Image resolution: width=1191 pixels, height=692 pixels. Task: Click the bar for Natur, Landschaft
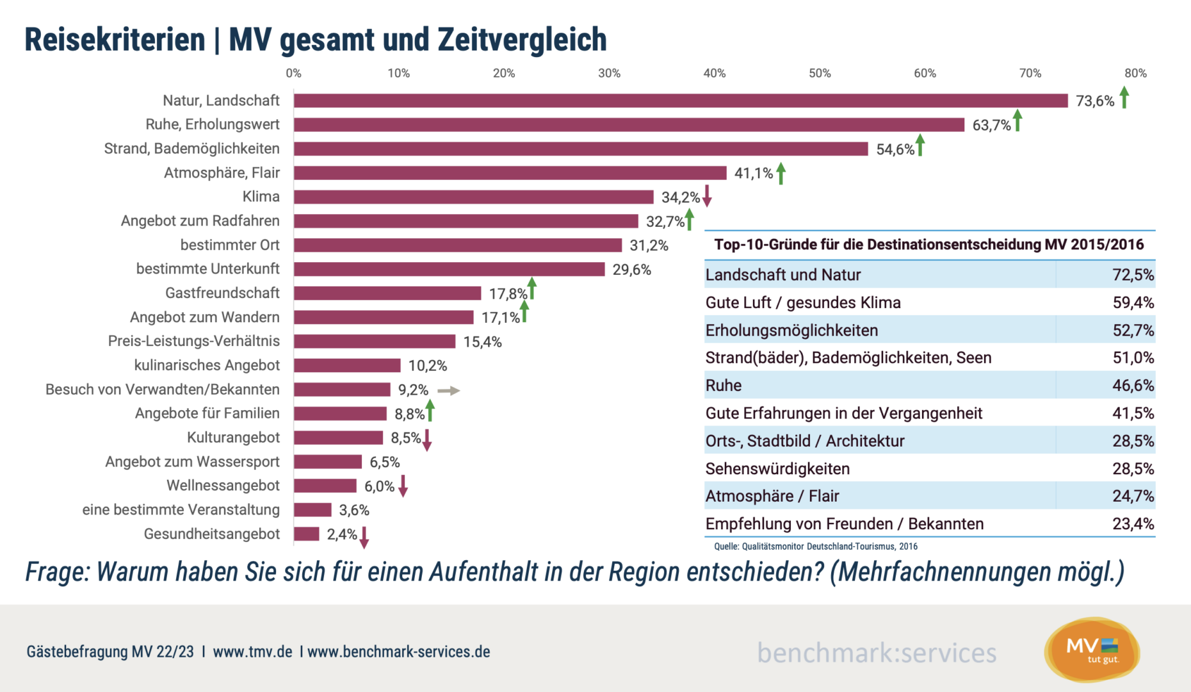681,101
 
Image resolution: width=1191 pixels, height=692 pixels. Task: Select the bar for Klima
474,197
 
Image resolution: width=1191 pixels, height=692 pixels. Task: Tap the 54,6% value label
895,149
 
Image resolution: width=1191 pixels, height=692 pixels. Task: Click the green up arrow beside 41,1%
781,173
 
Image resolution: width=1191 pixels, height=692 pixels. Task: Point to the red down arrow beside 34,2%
707,195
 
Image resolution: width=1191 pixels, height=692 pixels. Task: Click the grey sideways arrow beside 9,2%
448,390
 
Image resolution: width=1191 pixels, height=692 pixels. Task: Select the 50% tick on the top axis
820,74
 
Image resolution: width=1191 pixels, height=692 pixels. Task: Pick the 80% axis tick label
1135,74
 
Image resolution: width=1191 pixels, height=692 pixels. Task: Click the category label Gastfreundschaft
222,293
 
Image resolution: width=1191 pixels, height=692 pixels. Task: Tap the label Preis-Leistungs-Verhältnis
193,341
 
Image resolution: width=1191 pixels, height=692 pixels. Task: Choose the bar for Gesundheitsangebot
307,534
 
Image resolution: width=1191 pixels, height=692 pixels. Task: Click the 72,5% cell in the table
1133,275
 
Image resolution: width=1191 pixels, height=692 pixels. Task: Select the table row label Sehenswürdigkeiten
777,469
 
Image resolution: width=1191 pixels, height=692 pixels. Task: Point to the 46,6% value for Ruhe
1133,386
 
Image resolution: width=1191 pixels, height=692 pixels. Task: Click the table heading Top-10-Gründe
928,244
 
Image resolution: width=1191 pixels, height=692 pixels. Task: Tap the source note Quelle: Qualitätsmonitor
815,547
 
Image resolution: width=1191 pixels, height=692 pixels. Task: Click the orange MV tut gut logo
1092,650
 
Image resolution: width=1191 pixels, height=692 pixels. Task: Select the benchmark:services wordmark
877,653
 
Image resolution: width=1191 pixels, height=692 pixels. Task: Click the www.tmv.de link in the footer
252,652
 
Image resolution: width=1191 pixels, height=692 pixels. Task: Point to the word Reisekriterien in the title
115,40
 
